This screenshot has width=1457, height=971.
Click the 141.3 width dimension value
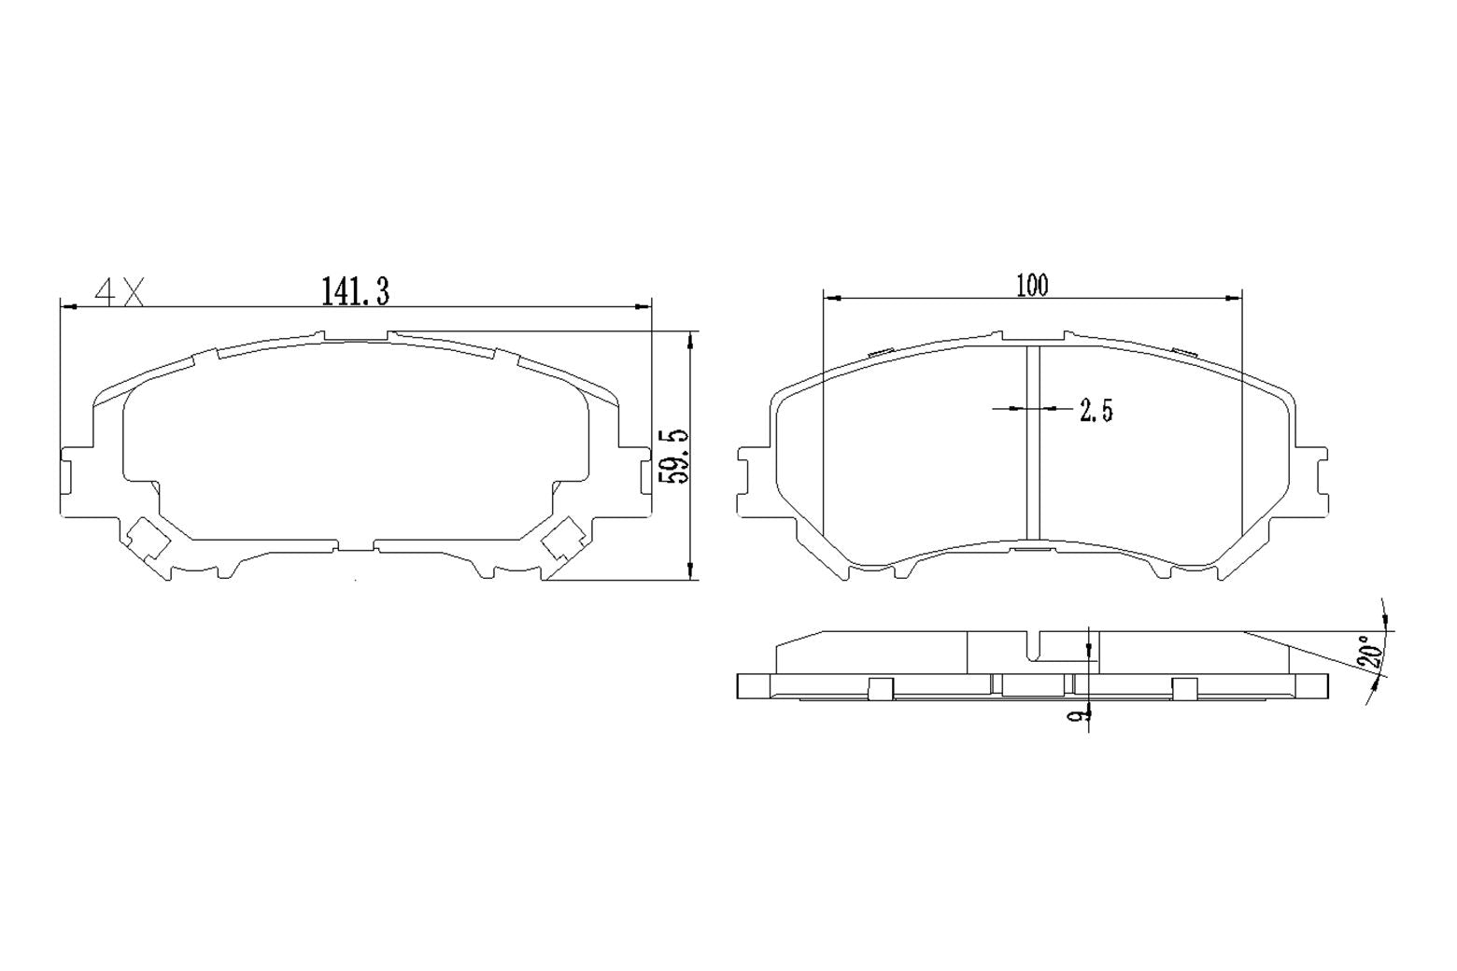(x=355, y=291)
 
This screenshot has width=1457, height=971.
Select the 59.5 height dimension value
(x=674, y=456)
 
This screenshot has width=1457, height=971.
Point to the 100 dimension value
(x=1032, y=285)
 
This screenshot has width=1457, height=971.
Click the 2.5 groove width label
(x=1096, y=410)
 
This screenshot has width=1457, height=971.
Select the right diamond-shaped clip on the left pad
(x=564, y=539)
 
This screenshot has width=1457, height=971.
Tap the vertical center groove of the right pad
(x=1033, y=443)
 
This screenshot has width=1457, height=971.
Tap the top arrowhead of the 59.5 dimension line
(x=690, y=338)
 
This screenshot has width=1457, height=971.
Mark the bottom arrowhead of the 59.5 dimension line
(x=690, y=572)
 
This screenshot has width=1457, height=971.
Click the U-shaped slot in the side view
(x=1035, y=646)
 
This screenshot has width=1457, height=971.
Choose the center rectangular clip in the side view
(x=1033, y=684)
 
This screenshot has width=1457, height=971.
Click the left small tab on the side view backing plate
(x=881, y=688)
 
